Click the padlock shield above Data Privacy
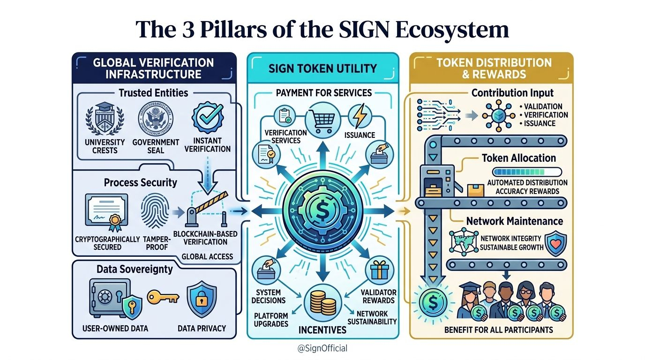pos(202,299)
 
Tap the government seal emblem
pos(155,118)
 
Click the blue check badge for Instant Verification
pos(207,118)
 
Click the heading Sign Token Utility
pos(322,69)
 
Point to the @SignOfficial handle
pos(322,348)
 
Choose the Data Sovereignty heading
pos(135,269)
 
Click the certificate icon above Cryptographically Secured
pos(106,211)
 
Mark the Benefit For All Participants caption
pos(498,330)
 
